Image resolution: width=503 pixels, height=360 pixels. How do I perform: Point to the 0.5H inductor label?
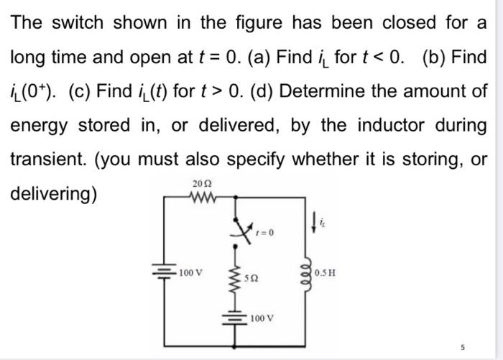point(327,274)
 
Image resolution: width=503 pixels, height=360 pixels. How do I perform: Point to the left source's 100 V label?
point(192,272)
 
